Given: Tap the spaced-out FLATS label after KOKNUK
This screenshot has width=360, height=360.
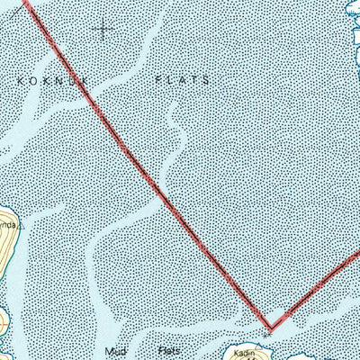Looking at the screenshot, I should coord(182,79).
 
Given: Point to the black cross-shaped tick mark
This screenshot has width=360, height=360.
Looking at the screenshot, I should coord(103,31).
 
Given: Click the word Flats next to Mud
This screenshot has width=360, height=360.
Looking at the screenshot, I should coord(169,350).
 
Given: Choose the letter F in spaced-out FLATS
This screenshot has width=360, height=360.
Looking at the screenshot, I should coord(157,79).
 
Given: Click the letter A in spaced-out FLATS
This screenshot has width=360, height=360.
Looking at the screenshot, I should coord(182,79).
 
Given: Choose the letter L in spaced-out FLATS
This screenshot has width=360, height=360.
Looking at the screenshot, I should coord(169,79).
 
